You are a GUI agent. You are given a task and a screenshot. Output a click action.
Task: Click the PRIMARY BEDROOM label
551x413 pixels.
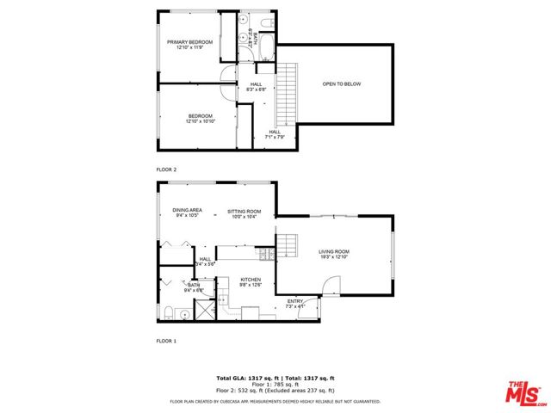click(189, 42)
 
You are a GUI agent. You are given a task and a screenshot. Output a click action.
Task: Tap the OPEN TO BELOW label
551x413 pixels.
click(339, 84)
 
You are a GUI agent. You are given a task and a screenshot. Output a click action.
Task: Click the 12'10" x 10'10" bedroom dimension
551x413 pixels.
click(200, 121)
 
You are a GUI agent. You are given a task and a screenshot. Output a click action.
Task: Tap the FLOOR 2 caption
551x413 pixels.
click(166, 170)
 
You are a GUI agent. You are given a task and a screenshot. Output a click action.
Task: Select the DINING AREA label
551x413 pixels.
click(187, 211)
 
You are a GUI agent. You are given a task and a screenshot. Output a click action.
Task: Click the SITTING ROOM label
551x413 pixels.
click(244, 211)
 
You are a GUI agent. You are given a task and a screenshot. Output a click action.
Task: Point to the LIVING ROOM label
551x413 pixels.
click(333, 250)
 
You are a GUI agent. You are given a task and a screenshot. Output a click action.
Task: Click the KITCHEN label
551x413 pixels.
click(251, 280)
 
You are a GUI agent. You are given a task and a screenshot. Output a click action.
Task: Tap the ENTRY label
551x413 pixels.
click(294, 301)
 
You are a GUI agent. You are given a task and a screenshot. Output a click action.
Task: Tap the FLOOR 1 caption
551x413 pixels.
click(166, 342)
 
